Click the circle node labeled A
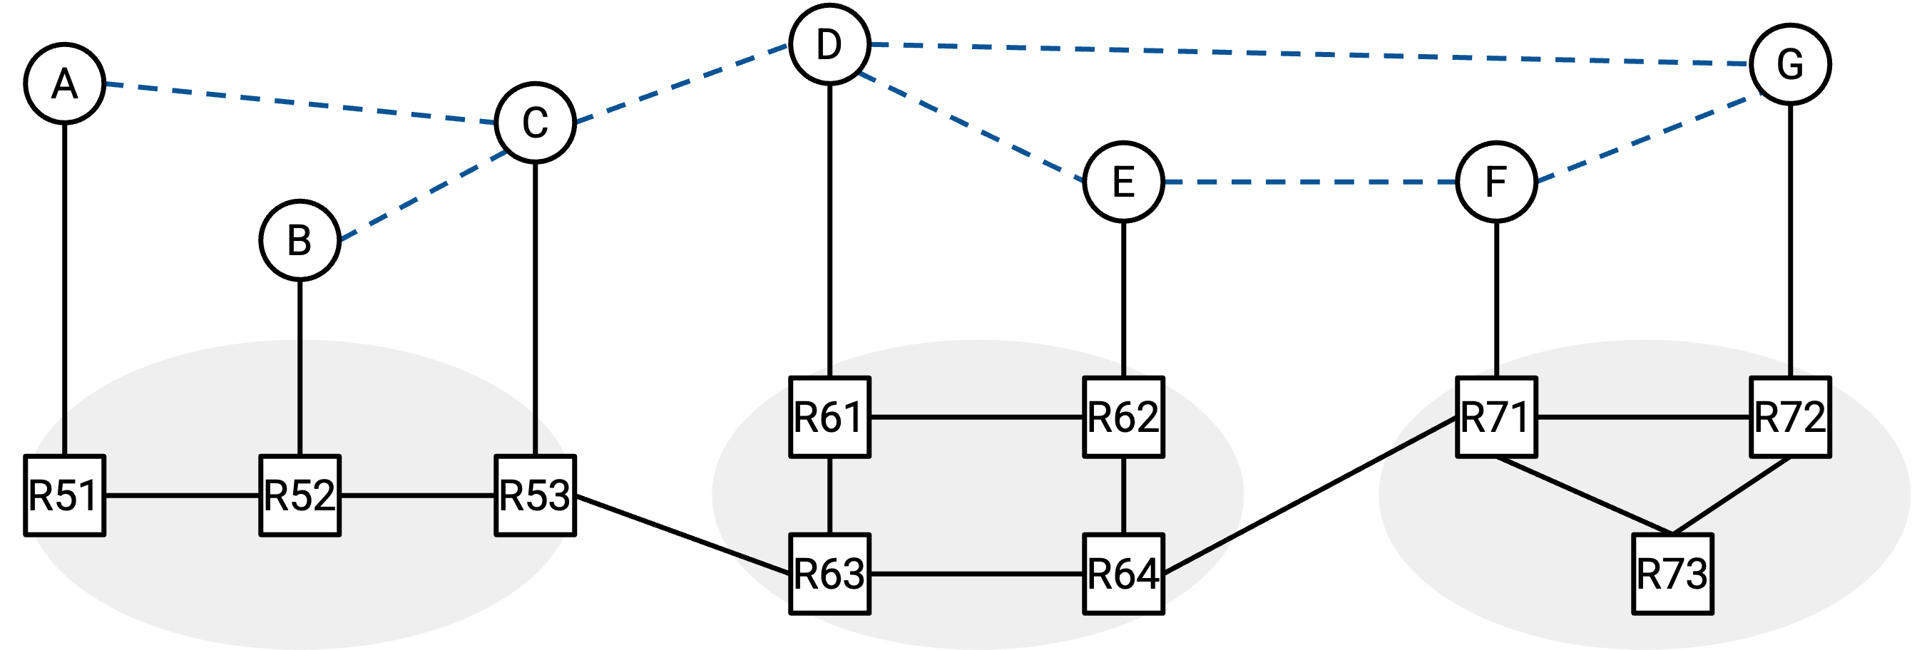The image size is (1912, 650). [x=65, y=83]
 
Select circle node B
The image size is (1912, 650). [x=300, y=240]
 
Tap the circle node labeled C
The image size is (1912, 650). [x=535, y=123]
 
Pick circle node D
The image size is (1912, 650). [x=829, y=44]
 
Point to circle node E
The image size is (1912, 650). [x=1124, y=182]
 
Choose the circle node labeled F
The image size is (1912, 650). [x=1496, y=182]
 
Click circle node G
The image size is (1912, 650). [x=1790, y=64]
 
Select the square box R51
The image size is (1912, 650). [x=65, y=495]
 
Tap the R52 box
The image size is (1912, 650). [x=300, y=495]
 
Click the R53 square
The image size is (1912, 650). [x=535, y=495]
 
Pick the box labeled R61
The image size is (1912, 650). [x=829, y=417]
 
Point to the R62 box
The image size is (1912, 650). [x=1124, y=417]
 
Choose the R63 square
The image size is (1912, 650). [x=829, y=574]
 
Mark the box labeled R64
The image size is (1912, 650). [x=1124, y=574]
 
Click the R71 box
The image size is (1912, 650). [x=1496, y=417]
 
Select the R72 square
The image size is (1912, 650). [x=1790, y=417]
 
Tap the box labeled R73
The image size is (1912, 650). [x=1673, y=574]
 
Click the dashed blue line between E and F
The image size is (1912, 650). [x=1310, y=182]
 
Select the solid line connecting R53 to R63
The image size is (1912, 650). [x=682, y=535]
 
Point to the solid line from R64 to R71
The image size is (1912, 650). [x=1310, y=495]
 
